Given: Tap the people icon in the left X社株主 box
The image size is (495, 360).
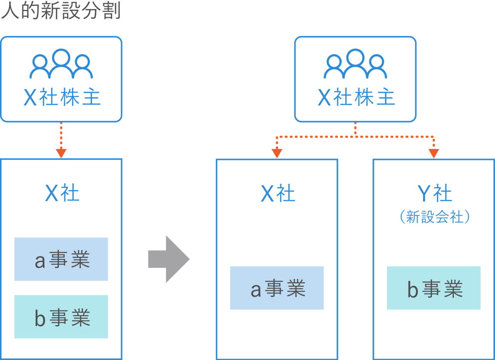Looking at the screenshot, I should tap(61, 64).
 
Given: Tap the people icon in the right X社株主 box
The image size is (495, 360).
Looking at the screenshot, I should tap(355, 64).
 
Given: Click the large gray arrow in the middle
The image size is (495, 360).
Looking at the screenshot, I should tap(169, 259).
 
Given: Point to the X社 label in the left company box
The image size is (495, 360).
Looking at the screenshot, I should tap(62, 193).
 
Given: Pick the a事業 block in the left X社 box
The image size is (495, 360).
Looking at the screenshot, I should tap(61, 259).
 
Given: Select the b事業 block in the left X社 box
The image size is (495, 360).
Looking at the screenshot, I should tap(61, 317).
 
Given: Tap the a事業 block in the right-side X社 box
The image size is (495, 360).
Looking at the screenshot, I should tap(277, 288).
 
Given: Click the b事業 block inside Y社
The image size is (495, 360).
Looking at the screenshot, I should tap(434, 288).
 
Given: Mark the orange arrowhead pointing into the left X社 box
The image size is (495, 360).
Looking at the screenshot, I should tap(61, 153).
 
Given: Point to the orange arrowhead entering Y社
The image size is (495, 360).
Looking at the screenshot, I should tap(434, 153).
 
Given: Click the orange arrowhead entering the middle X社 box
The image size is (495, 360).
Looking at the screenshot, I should tap(277, 153).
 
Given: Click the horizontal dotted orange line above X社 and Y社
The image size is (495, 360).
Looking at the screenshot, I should tap(355, 137).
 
